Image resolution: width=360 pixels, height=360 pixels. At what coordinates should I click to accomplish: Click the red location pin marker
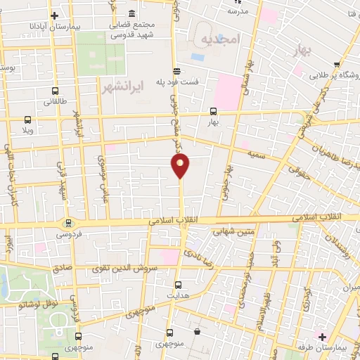coord(181,166)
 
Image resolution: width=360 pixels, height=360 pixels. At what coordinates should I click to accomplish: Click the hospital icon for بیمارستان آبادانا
coord(54,15)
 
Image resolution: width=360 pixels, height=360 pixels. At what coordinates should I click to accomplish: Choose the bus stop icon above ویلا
coord(27,120)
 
